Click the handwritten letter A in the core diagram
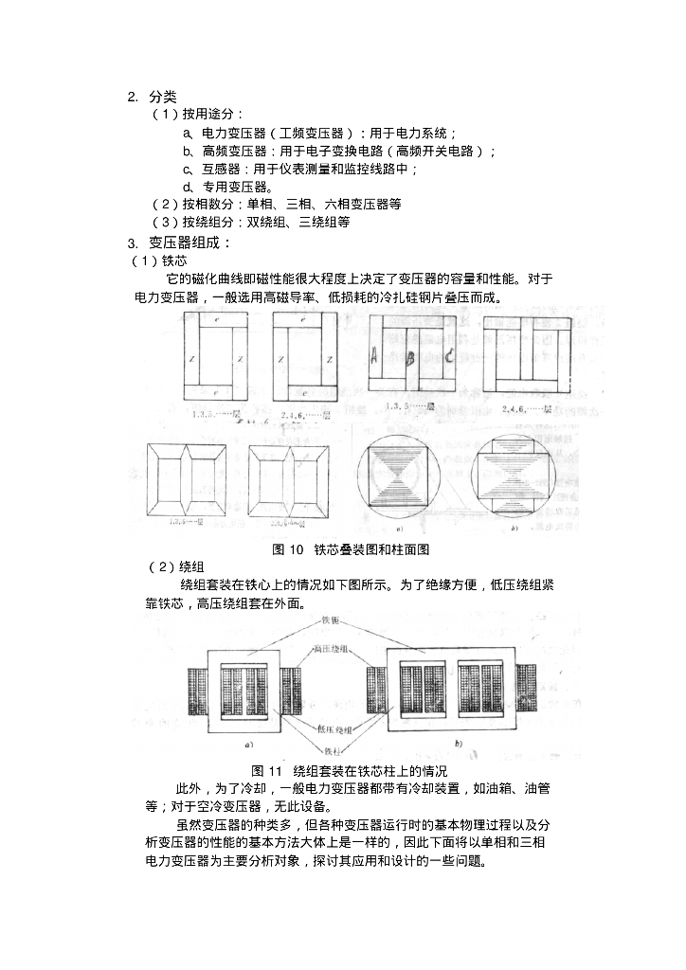(x=375, y=357)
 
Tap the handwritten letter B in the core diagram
(x=410, y=359)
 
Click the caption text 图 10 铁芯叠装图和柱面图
(x=338, y=549)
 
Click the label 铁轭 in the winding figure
(x=331, y=620)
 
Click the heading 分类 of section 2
(x=162, y=96)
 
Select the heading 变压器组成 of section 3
(x=190, y=242)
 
